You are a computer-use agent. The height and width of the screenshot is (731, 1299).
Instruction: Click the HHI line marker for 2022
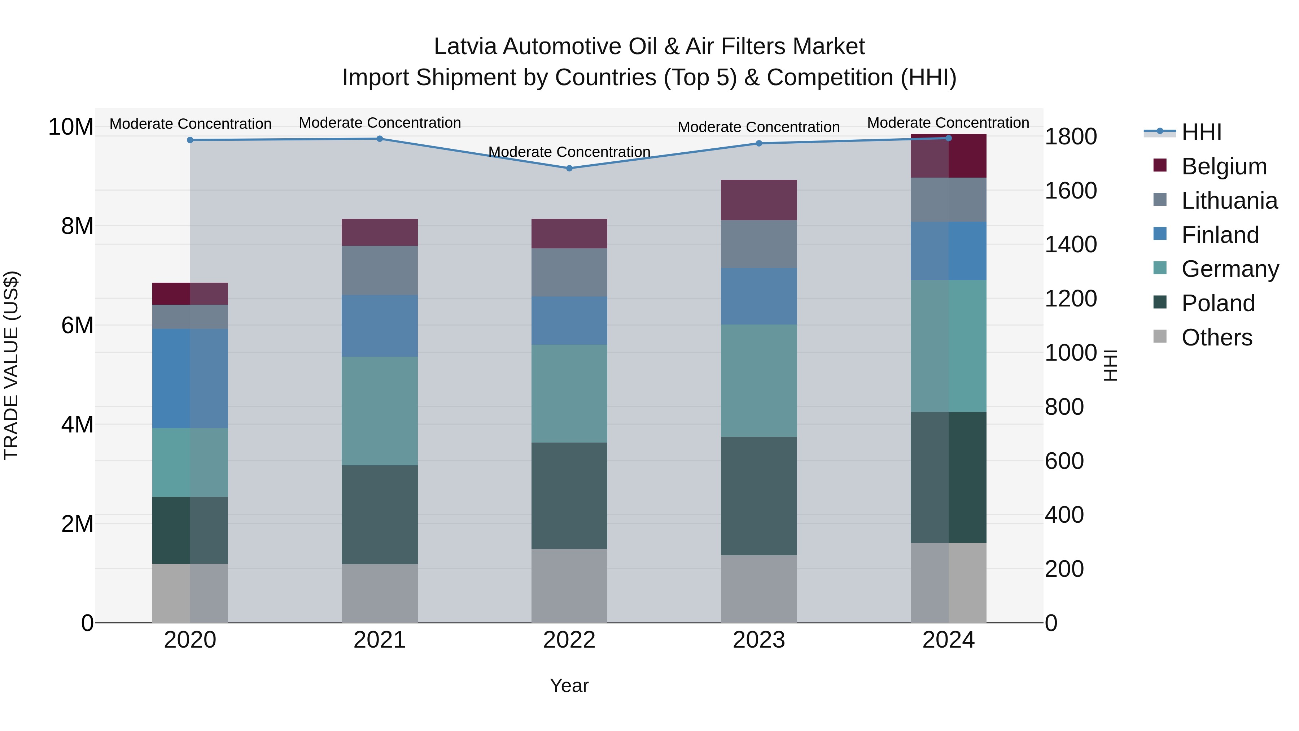coord(569,168)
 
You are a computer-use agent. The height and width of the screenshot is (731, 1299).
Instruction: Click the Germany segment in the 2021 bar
coord(380,411)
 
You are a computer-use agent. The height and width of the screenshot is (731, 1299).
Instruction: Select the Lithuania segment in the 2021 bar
coord(380,270)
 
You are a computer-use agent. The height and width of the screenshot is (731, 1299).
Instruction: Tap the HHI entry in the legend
coord(1201,132)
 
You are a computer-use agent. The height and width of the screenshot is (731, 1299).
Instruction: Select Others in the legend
coord(1216,338)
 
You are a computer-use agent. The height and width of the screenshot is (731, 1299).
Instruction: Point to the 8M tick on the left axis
coord(77,226)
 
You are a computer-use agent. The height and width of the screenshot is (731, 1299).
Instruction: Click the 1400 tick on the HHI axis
coord(1070,245)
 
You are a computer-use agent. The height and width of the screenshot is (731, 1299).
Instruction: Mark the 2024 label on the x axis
coord(948,640)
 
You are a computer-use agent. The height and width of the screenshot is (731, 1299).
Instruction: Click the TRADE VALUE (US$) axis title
coord(11,365)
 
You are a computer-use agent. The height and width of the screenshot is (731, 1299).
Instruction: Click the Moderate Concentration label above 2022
coord(569,152)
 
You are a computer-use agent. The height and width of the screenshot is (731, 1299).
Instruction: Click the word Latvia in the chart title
coord(465,47)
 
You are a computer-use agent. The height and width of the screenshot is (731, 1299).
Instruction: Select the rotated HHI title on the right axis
coord(1110,365)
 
